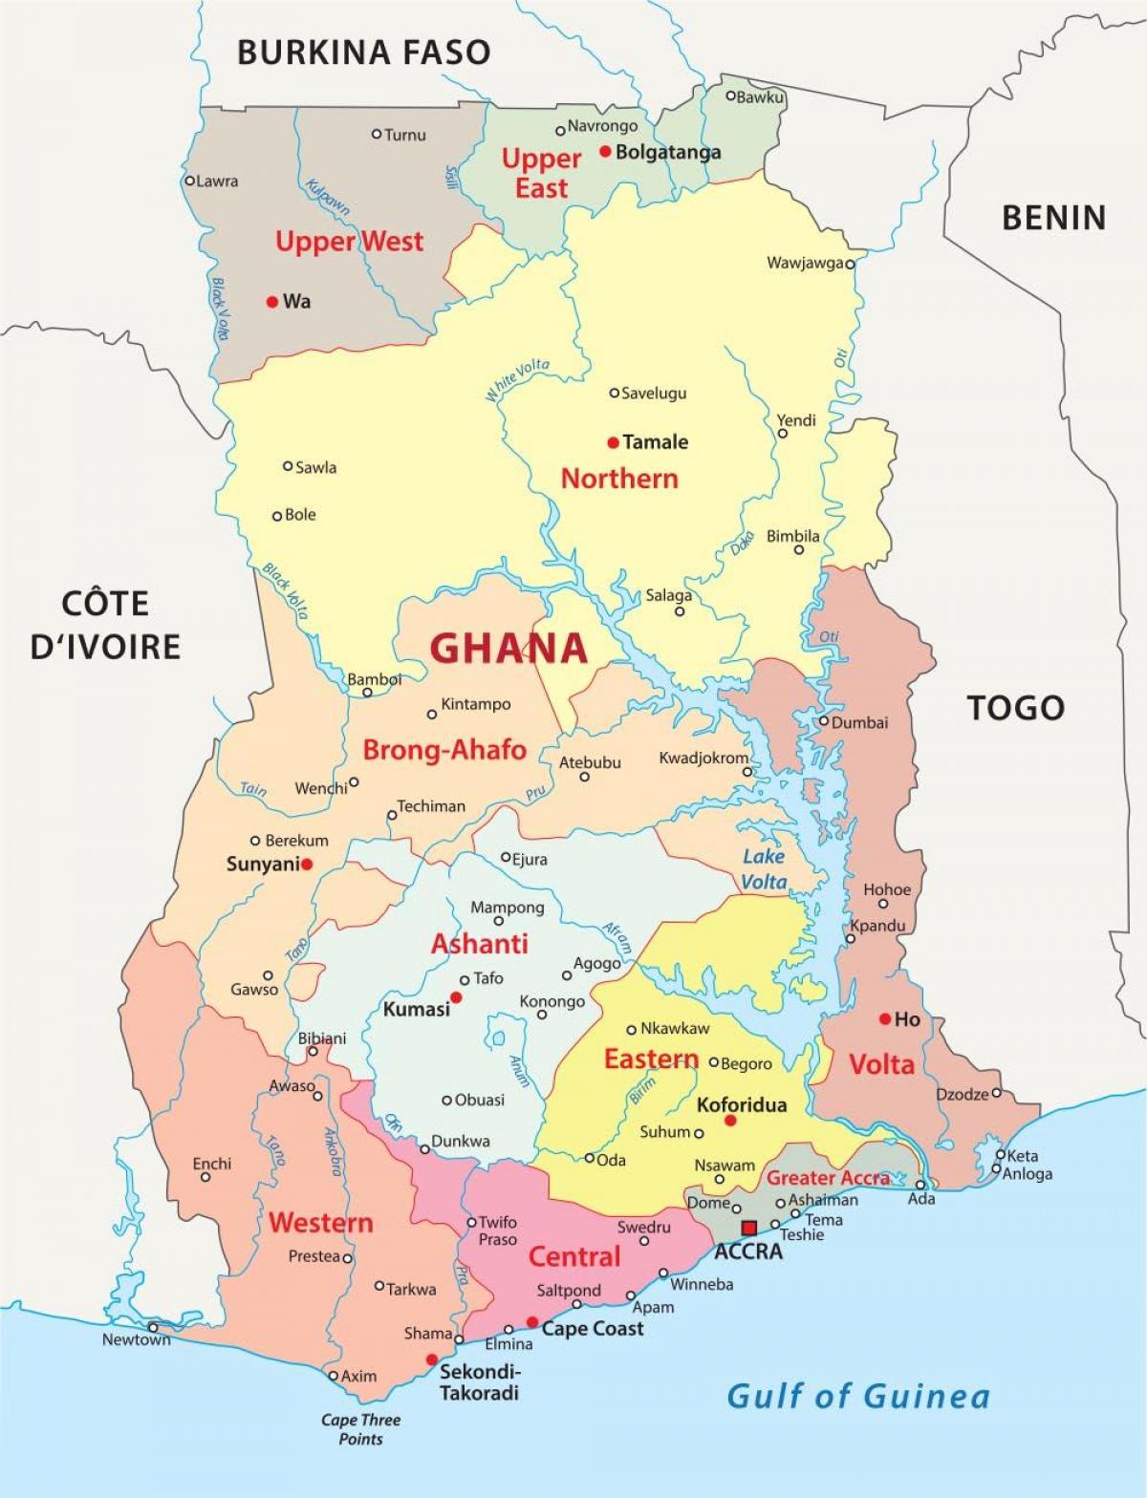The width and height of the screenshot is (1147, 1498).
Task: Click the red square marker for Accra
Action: (749, 1228)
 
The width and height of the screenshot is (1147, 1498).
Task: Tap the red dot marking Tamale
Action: (613, 442)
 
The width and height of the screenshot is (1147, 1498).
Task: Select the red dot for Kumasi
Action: (457, 997)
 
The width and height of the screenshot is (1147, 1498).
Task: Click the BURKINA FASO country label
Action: (363, 52)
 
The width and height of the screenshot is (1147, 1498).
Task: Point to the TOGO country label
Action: (1015, 708)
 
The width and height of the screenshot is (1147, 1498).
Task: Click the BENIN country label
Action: (1053, 218)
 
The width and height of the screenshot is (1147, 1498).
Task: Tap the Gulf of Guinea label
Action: (857, 1396)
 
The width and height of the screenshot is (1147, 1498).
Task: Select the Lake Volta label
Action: (765, 868)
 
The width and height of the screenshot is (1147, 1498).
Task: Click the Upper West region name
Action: (349, 242)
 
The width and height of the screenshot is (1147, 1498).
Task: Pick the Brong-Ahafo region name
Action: (444, 750)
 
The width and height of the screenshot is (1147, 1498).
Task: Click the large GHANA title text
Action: (508, 649)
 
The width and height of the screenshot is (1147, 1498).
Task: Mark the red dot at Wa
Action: (272, 302)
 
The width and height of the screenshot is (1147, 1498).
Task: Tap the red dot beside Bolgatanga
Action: (605, 151)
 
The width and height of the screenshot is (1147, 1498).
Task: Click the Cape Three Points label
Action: (360, 1429)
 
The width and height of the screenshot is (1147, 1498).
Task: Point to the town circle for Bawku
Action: (730, 96)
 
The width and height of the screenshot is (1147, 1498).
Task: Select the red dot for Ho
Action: (885, 1019)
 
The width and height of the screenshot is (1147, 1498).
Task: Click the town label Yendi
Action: (796, 420)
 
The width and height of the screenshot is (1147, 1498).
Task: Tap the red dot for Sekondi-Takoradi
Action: (432, 1359)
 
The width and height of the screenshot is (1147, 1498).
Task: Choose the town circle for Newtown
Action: (153, 1327)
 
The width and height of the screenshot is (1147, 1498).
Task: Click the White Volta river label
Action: (517, 379)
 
